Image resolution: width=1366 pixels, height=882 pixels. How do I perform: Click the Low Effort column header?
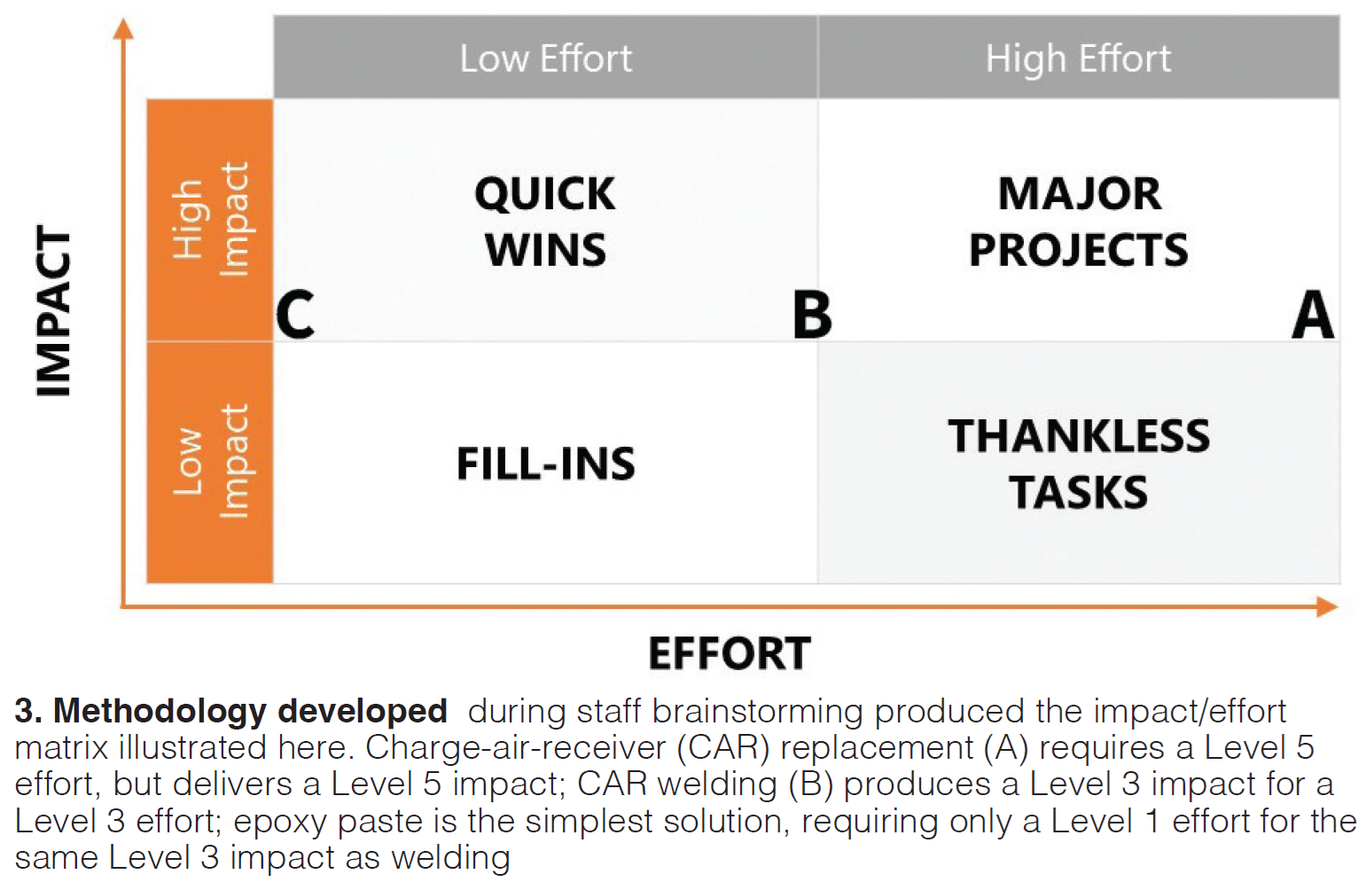pos(545,59)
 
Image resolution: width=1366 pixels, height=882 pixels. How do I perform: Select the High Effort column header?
pos(1078,59)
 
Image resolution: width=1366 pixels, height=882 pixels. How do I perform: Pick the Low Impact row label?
pos(210,462)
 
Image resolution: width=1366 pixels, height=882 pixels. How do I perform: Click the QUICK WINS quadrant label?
pos(545,222)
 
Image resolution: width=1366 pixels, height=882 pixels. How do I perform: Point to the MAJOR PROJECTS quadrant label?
pos(1078,222)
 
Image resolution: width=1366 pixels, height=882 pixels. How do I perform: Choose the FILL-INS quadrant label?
pos(546,464)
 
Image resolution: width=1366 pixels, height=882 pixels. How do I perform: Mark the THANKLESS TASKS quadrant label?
pos(1078,464)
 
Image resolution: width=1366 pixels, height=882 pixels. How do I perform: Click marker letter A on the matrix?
pos(1312,315)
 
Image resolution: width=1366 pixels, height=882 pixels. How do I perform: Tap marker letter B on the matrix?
pos(812,315)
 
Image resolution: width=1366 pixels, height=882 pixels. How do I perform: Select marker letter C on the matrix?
pos(295,315)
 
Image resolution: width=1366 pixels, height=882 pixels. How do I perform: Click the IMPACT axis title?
pos(54,311)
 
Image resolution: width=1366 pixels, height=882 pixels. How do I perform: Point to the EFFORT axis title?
pos(730,653)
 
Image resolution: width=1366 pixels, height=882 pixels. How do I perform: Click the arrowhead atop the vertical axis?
pos(123,28)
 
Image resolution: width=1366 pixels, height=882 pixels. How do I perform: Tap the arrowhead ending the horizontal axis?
pos(1327,607)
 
